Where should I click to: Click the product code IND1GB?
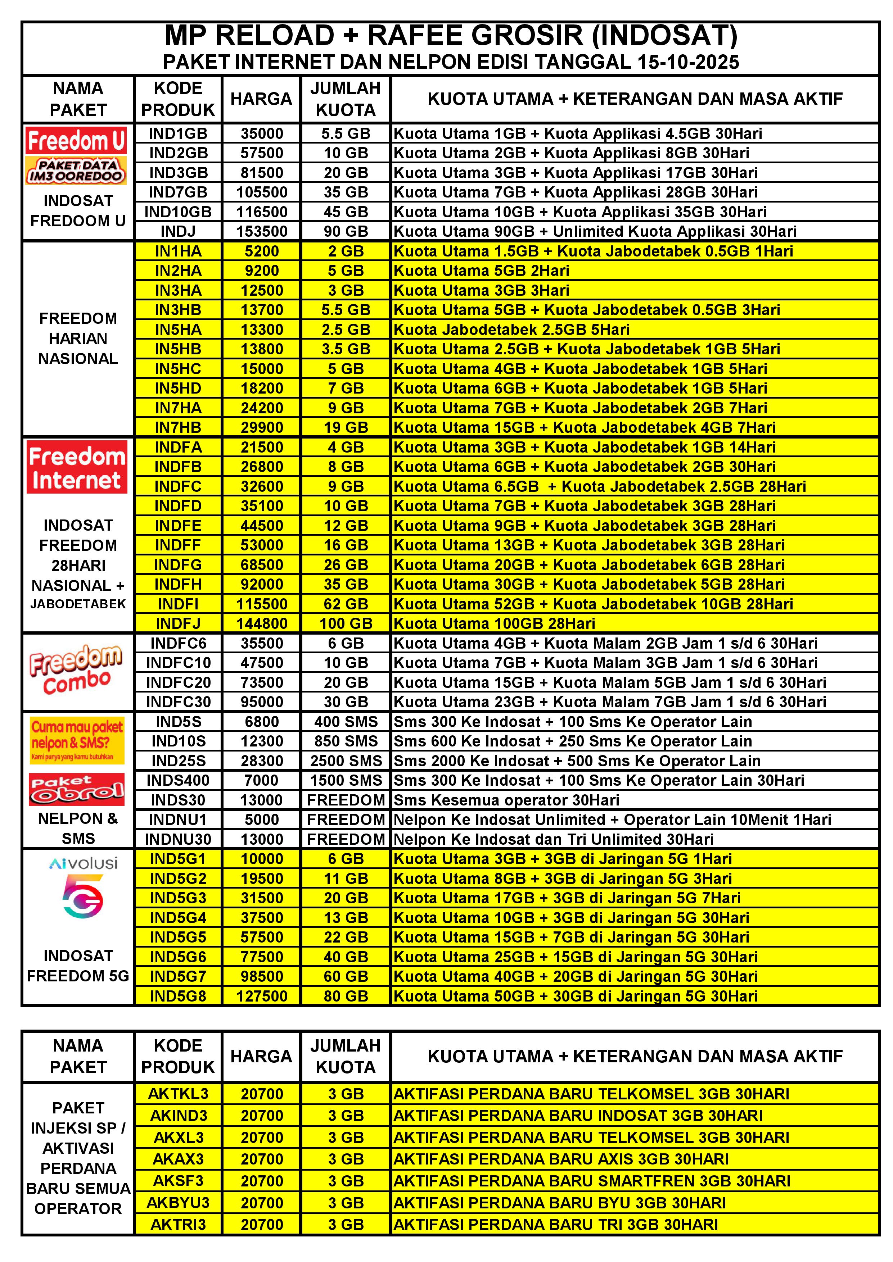coord(178,133)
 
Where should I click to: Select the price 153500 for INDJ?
coord(262,231)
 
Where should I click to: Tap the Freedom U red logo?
coord(76,141)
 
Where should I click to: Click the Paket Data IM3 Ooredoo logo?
coord(76,171)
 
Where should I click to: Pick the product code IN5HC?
coord(178,369)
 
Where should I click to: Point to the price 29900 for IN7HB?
coord(262,428)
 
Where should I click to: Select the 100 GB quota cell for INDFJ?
coord(346,624)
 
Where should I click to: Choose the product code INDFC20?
coord(178,683)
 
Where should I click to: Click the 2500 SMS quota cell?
coord(346,761)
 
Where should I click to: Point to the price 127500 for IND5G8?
coord(262,997)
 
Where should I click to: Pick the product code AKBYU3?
coord(178,1203)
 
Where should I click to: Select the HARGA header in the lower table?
coord(261,1057)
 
